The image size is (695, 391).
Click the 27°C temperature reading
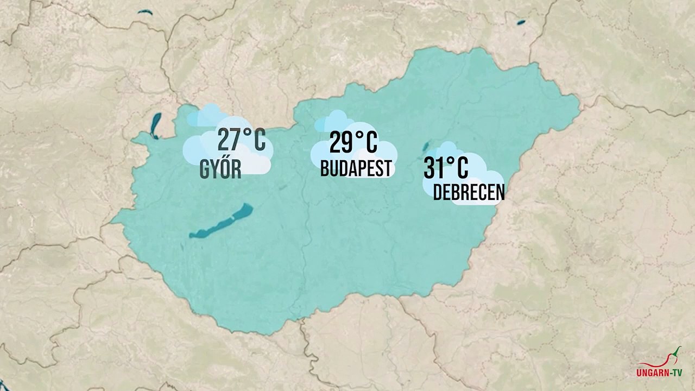pos(242,140)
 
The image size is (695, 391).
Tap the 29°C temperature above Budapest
pos(353,143)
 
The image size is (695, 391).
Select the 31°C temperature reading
pos(446,168)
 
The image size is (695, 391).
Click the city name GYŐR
pos(220,170)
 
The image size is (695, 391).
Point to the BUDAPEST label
pos(356,169)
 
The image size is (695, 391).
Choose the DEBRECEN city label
pos(469,193)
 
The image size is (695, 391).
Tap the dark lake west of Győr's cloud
pos(156,125)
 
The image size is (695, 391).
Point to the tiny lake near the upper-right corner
pos(521,23)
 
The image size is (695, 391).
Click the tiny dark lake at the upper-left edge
pos(145,12)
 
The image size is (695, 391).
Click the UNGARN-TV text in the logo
pos(659,373)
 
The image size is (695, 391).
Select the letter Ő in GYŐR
pos(225,169)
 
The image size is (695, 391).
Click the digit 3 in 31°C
pos(430,168)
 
